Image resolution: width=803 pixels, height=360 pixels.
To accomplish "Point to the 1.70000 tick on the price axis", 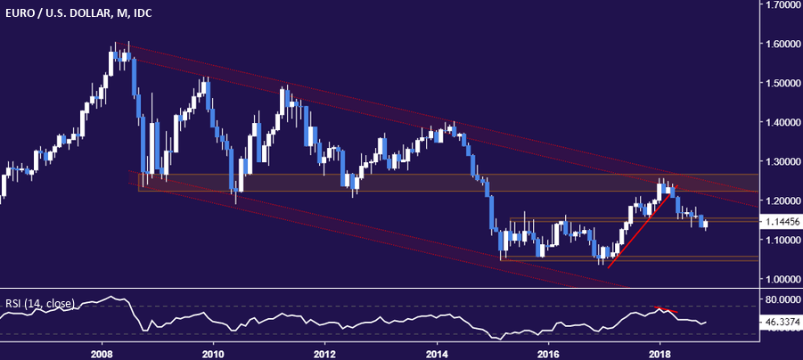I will [780, 5].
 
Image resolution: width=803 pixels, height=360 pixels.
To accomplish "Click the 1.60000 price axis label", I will [780, 44].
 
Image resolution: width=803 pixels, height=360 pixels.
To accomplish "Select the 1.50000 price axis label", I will [780, 83].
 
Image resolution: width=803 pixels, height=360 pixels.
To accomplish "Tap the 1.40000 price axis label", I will [780, 122].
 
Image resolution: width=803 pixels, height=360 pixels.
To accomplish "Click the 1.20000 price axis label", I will [780, 200].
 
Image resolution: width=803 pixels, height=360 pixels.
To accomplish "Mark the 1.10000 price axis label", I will [780, 240].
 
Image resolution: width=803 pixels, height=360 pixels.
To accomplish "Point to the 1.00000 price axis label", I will [780, 279].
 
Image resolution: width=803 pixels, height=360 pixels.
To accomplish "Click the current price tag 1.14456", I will [780, 222].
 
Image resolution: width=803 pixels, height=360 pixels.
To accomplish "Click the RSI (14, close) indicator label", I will [38, 302].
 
